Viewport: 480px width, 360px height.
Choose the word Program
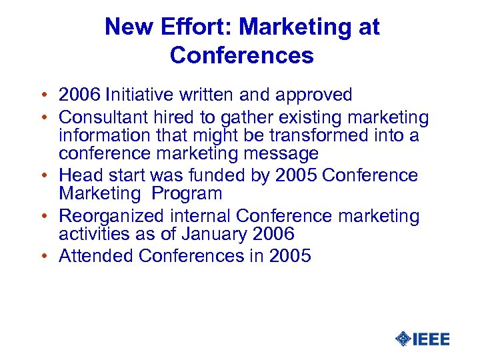point(187,194)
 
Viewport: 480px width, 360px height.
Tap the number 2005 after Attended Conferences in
point(291,256)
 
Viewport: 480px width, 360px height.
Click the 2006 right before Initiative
point(79,96)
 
